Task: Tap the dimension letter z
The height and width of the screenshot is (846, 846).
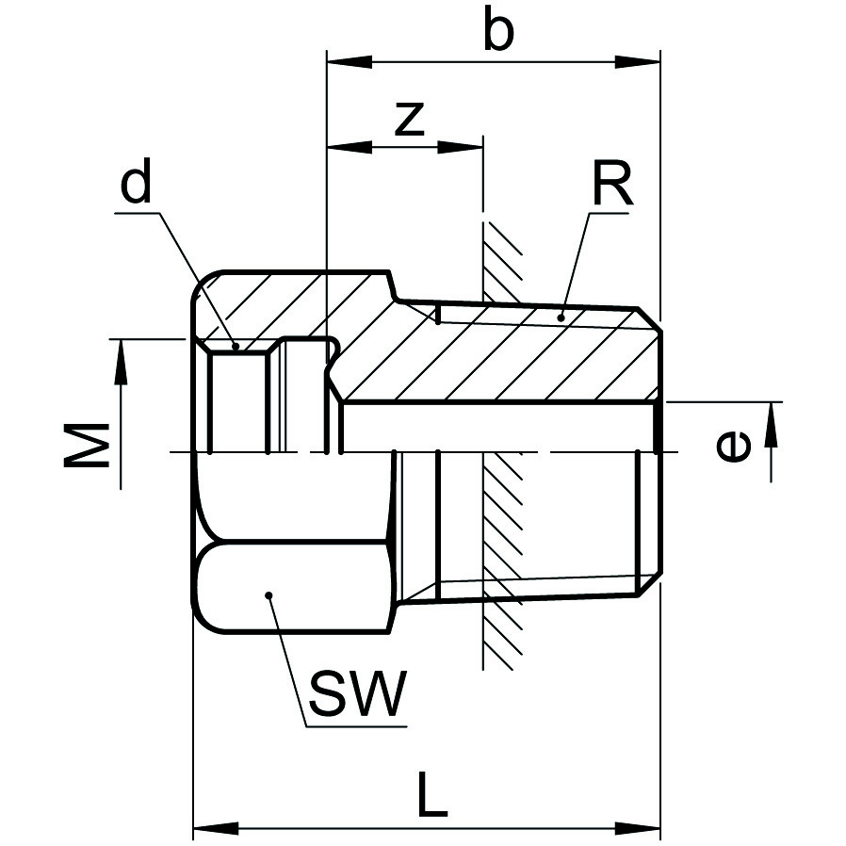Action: (x=408, y=119)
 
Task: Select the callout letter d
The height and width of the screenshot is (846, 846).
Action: (x=136, y=186)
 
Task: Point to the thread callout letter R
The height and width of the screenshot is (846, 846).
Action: (x=611, y=185)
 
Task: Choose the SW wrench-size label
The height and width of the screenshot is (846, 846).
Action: (x=357, y=694)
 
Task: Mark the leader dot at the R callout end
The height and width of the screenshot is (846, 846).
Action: (x=561, y=318)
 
